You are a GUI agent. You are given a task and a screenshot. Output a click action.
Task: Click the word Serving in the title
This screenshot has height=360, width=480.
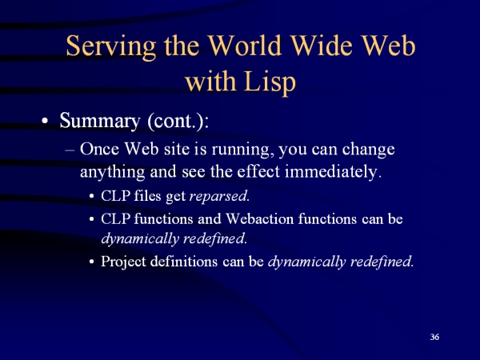tap(111, 46)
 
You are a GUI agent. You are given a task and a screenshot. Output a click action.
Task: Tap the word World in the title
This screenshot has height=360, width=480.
tap(245, 46)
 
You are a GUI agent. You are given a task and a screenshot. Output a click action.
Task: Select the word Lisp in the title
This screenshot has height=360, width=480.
tap(270, 82)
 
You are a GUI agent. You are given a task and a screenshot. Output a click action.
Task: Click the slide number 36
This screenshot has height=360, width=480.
tap(434, 337)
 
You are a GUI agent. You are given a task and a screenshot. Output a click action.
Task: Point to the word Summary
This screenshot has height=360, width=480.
tap(100, 121)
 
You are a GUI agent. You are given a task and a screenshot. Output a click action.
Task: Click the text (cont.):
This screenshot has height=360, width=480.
tap(178, 122)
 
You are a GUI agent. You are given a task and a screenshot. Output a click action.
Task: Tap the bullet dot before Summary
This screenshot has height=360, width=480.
tap(45, 121)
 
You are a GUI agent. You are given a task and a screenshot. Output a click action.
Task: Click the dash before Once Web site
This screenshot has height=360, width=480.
tap(70, 150)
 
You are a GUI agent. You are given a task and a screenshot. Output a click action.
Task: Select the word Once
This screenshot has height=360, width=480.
tap(99, 149)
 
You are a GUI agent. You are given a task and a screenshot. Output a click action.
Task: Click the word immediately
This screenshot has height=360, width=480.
tap(334, 171)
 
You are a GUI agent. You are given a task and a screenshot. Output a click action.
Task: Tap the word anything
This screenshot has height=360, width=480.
tap(112, 172)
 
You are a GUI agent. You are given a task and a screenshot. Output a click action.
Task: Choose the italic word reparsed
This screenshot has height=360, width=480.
tap(219, 196)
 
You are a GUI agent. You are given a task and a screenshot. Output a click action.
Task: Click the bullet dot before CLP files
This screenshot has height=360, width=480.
tap(91, 196)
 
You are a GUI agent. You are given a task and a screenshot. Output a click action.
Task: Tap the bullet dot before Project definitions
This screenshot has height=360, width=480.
tap(91, 262)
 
